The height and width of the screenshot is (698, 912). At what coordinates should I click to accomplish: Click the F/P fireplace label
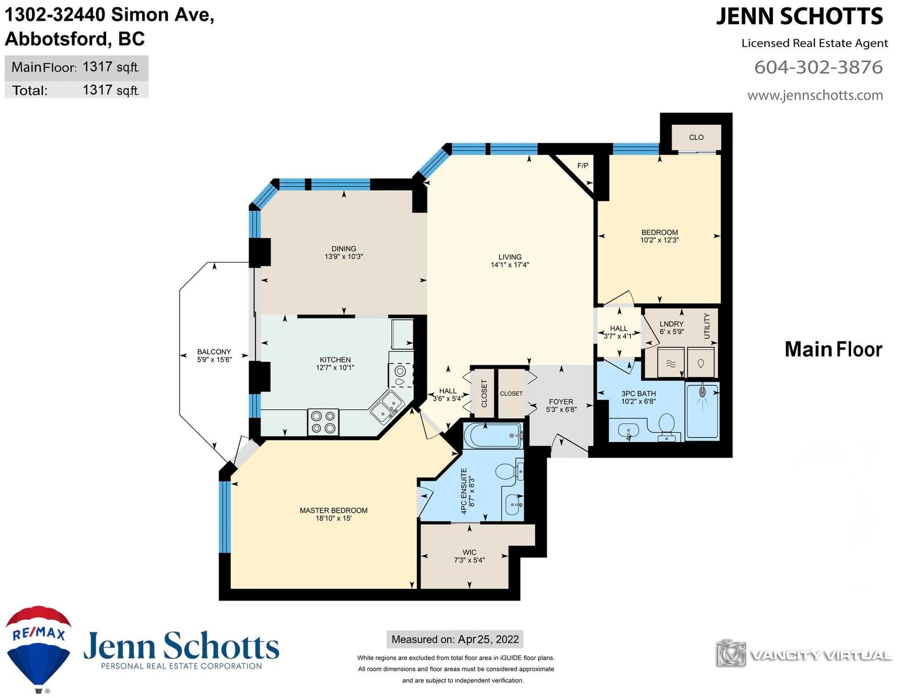pyautogui.click(x=583, y=166)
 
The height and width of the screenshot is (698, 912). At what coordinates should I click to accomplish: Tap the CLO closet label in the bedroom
pyautogui.click(x=697, y=137)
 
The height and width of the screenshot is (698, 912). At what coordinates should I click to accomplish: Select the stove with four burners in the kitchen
pyautogui.click(x=323, y=422)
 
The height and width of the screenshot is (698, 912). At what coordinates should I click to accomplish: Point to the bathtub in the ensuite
pyautogui.click(x=493, y=436)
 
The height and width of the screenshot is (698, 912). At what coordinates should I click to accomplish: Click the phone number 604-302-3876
pyautogui.click(x=819, y=67)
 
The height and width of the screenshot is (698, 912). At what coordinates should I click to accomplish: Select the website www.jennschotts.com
pyautogui.click(x=815, y=96)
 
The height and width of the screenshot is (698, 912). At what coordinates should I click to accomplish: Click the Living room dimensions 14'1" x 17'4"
pyautogui.click(x=510, y=265)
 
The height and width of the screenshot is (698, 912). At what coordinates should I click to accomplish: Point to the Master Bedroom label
pyautogui.click(x=333, y=511)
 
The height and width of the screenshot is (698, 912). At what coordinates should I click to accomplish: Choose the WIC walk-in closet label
pyautogui.click(x=469, y=553)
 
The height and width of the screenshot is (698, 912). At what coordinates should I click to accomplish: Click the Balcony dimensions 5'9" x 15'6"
pyautogui.click(x=214, y=360)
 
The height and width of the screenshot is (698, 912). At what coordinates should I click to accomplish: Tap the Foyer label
pyautogui.click(x=561, y=402)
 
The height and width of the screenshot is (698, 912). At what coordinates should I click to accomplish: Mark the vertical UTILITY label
pyautogui.click(x=707, y=326)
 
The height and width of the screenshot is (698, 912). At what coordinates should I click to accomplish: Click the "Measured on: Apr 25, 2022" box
pyautogui.click(x=455, y=639)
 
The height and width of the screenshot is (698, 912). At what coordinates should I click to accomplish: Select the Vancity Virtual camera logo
pyautogui.click(x=731, y=653)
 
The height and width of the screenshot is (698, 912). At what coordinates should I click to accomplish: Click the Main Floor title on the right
pyautogui.click(x=833, y=349)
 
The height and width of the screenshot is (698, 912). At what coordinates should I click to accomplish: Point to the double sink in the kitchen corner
pyautogui.click(x=388, y=406)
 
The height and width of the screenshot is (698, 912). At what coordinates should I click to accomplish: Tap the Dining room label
pyautogui.click(x=344, y=249)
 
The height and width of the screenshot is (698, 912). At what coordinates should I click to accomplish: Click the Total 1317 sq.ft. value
pyautogui.click(x=111, y=90)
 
